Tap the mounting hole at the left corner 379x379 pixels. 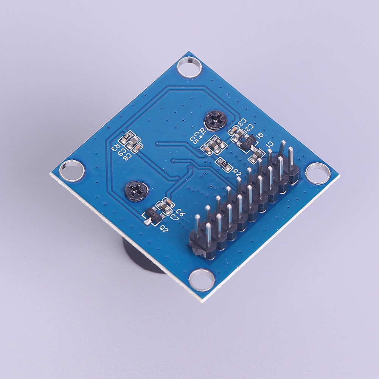(72, 170)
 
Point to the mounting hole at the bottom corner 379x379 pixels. (202, 280)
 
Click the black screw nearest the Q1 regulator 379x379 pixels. (215, 120)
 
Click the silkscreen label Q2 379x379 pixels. (164, 228)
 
